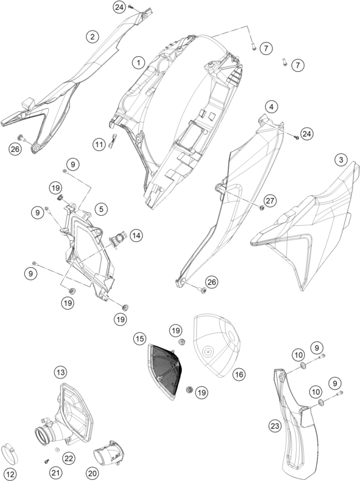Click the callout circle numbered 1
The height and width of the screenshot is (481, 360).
139,63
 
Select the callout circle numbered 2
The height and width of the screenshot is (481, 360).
92,37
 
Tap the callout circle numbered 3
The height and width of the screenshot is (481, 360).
341,159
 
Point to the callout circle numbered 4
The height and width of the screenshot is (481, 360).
271,107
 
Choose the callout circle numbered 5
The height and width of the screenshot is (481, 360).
101,209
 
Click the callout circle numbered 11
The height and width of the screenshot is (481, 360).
99,144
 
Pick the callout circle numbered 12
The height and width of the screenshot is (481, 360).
11,474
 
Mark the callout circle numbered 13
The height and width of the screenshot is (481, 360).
61,373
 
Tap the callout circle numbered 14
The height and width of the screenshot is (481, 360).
136,236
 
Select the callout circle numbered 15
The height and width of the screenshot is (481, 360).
139,338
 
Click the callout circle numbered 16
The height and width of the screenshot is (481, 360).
239,374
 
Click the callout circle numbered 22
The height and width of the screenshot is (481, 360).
68,458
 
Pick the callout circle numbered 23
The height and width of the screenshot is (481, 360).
275,426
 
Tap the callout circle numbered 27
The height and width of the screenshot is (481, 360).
271,201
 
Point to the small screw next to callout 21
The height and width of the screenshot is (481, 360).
47,460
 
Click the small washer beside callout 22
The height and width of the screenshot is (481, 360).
57,450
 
